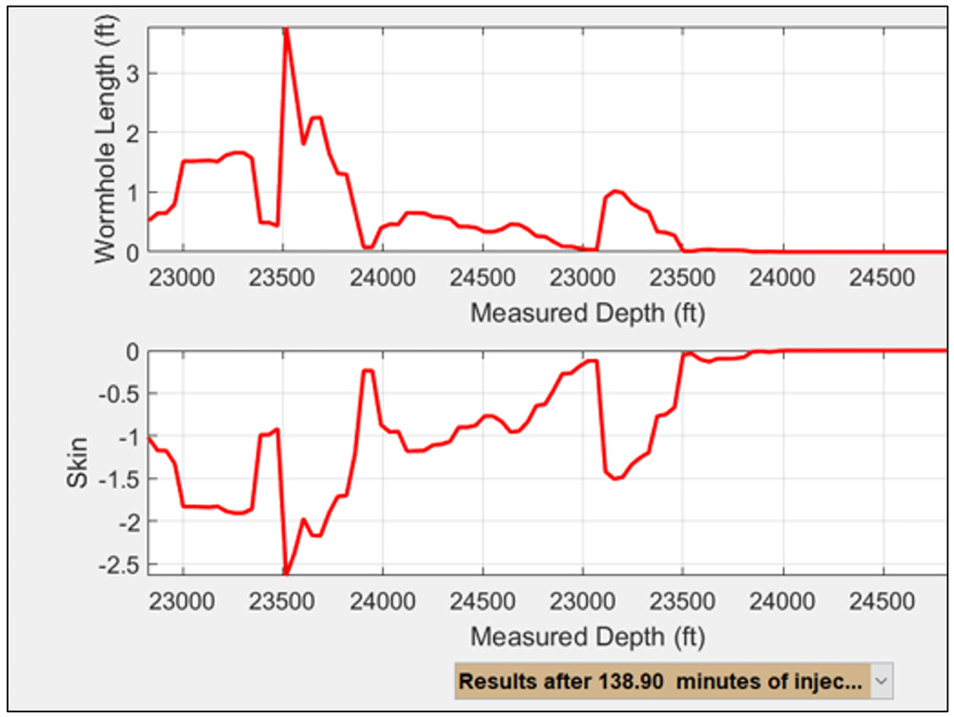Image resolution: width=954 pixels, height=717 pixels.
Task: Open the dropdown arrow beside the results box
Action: click(881, 682)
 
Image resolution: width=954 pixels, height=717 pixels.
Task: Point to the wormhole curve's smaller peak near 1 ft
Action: click(617, 192)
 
